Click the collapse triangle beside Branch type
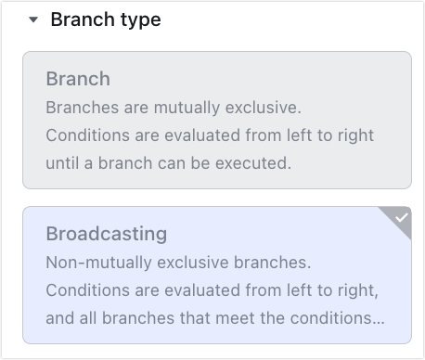[33, 20]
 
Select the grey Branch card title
[78, 78]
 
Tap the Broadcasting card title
[107, 233]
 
